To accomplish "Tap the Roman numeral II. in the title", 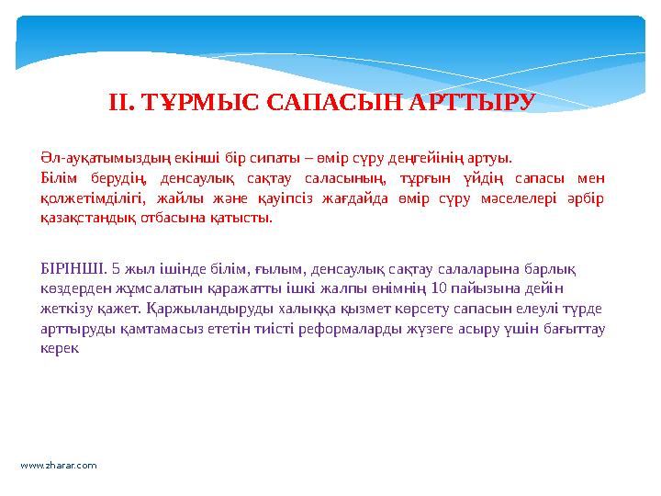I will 123,101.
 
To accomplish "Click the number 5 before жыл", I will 112,268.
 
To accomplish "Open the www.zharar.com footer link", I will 59,466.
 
